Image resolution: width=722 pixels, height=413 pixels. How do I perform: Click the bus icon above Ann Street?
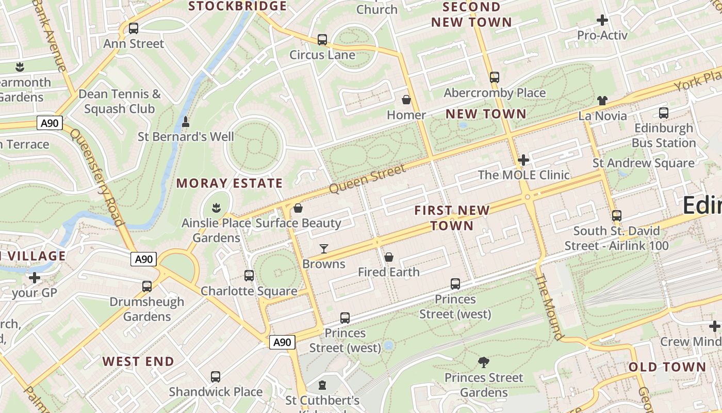[134, 28]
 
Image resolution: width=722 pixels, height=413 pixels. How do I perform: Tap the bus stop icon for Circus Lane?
[322, 40]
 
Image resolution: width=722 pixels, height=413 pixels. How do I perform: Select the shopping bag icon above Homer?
[406, 100]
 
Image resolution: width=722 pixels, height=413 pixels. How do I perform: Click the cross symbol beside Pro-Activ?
[602, 21]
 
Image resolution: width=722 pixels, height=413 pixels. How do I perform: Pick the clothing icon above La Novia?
[602, 101]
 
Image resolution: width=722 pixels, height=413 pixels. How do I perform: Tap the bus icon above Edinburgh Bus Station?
[664, 113]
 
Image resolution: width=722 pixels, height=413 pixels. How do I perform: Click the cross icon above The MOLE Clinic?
[523, 160]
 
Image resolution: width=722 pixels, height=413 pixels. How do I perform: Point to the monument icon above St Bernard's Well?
[186, 122]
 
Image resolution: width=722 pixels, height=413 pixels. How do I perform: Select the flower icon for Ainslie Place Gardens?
[216, 208]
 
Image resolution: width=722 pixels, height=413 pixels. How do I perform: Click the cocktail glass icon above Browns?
[323, 249]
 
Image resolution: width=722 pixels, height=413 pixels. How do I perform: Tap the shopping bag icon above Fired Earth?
[389, 257]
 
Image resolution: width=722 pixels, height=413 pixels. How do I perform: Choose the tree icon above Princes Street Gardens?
[483, 362]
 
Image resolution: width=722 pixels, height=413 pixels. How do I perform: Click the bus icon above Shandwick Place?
[216, 377]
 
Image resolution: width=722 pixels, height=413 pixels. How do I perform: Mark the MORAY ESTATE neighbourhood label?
[229, 183]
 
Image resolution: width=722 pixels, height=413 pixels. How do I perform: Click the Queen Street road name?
[367, 179]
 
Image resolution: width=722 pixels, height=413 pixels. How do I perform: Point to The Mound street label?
[550, 307]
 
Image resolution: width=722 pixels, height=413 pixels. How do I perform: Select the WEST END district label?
[138, 361]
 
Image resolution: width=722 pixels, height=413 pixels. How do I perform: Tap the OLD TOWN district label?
[667, 367]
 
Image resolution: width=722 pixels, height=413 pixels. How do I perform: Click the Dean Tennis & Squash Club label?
[120, 102]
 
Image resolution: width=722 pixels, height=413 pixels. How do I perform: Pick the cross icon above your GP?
[35, 278]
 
